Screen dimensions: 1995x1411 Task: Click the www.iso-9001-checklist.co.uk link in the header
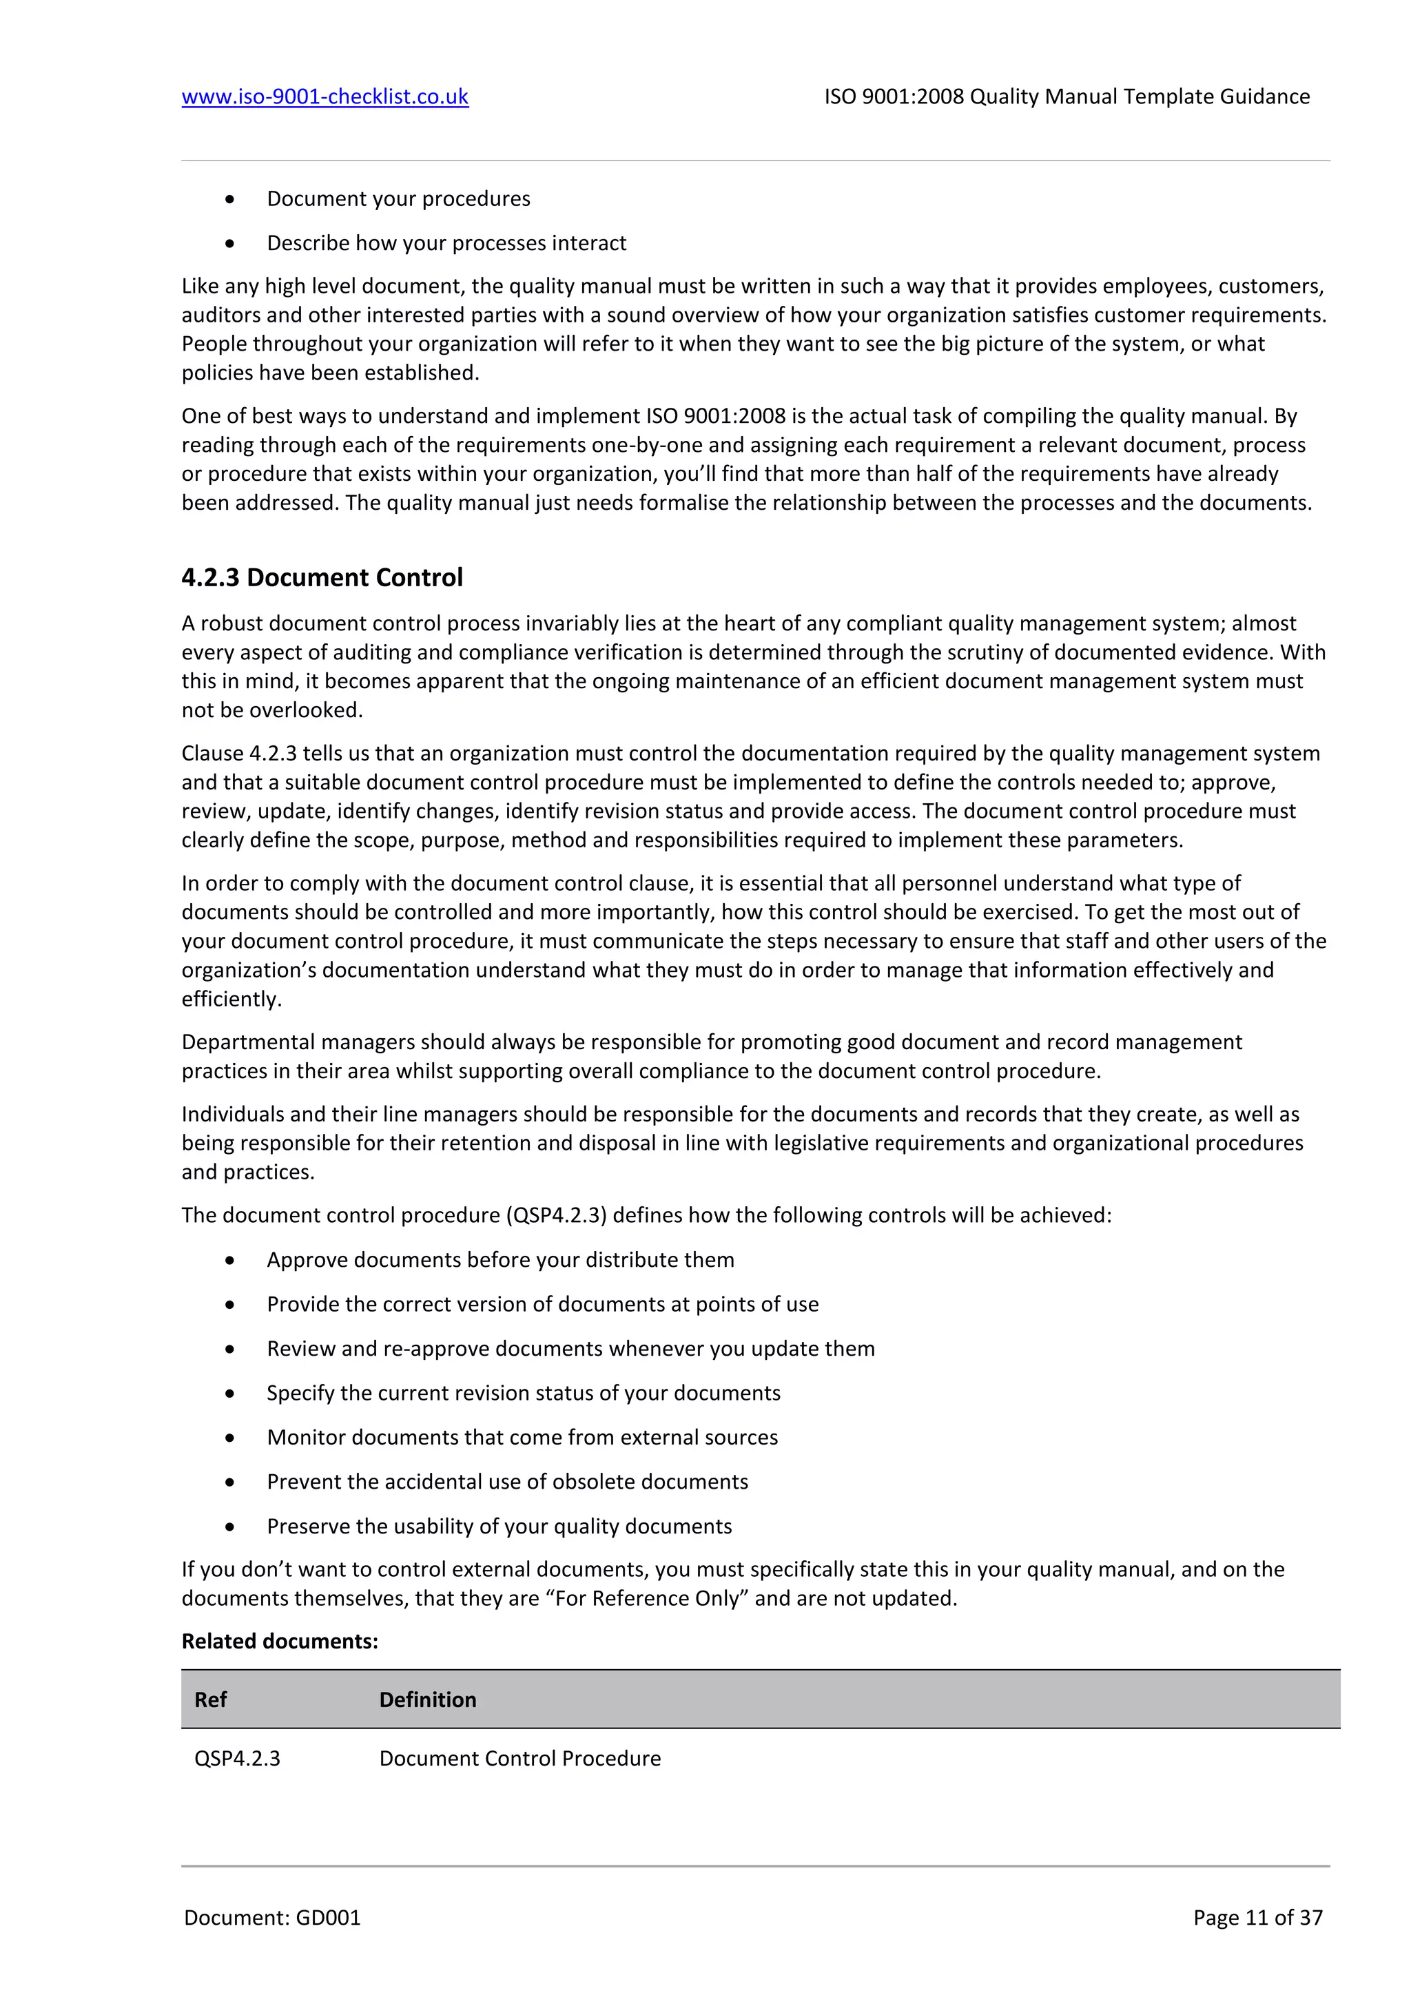pyautogui.click(x=325, y=96)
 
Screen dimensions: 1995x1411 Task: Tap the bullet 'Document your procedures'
pyautogui.click(x=398, y=199)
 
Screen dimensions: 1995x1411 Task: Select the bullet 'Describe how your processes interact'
pyautogui.click(x=446, y=243)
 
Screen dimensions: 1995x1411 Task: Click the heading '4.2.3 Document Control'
pyautogui.click(x=322, y=578)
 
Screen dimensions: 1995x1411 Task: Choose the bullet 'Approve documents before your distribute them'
pyautogui.click(x=499, y=1260)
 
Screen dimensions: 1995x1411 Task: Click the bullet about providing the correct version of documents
pyautogui.click(x=542, y=1304)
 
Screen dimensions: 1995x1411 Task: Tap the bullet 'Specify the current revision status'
pyautogui.click(x=523, y=1393)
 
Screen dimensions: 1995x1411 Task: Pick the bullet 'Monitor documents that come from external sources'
pyautogui.click(x=522, y=1437)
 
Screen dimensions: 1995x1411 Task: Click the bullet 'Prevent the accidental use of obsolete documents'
pyautogui.click(x=506, y=1482)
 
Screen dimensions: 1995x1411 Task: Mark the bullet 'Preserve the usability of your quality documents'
pyautogui.click(x=499, y=1527)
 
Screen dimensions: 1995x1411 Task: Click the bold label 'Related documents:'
pyautogui.click(x=280, y=1642)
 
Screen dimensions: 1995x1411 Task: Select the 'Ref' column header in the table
pyautogui.click(x=210, y=1699)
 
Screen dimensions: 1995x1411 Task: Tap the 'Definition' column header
pyautogui.click(x=427, y=1699)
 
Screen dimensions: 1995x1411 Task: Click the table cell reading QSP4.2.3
pyautogui.click(x=236, y=1759)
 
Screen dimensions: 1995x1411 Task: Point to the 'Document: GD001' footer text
pyautogui.click(x=272, y=1918)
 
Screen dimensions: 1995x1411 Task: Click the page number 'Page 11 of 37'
pyautogui.click(x=1257, y=1918)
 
